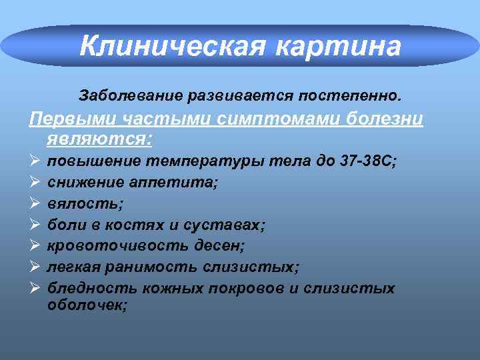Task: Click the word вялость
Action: [85, 203]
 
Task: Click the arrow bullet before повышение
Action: [34, 161]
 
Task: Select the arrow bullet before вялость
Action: [34, 203]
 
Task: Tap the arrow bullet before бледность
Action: [34, 288]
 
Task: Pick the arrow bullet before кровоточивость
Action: [34, 246]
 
